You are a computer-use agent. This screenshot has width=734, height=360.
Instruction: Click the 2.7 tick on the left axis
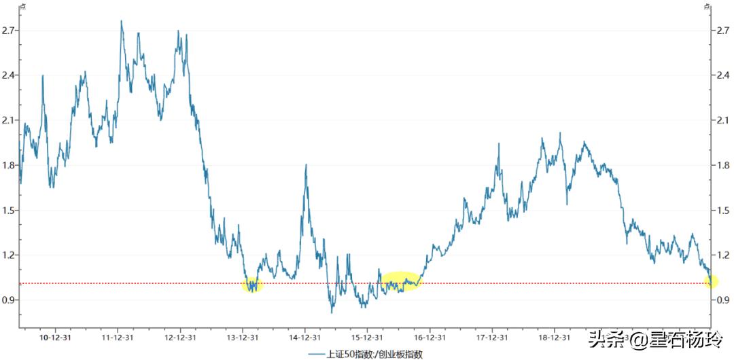[9, 31]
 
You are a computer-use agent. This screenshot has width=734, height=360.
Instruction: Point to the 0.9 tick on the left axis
[9, 300]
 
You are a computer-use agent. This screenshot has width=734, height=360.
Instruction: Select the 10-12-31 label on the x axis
[56, 337]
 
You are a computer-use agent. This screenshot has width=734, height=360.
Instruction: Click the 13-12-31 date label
[243, 337]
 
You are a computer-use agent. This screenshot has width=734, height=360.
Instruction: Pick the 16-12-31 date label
[430, 337]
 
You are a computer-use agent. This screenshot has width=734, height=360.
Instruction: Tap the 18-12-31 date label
[554, 337]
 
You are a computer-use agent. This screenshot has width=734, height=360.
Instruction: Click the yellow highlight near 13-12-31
[252, 285]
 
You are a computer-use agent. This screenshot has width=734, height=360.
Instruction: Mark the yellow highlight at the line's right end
[711, 280]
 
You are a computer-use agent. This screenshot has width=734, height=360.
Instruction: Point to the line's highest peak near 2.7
[122, 20]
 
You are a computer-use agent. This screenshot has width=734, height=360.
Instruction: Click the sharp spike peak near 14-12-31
[307, 165]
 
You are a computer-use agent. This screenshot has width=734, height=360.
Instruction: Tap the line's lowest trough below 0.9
[332, 312]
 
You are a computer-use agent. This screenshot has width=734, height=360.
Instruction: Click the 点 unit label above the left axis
[22, 6]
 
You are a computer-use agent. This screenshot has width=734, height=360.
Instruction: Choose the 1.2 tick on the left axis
[9, 255]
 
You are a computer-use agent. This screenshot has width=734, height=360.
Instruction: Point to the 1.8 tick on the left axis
[9, 165]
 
